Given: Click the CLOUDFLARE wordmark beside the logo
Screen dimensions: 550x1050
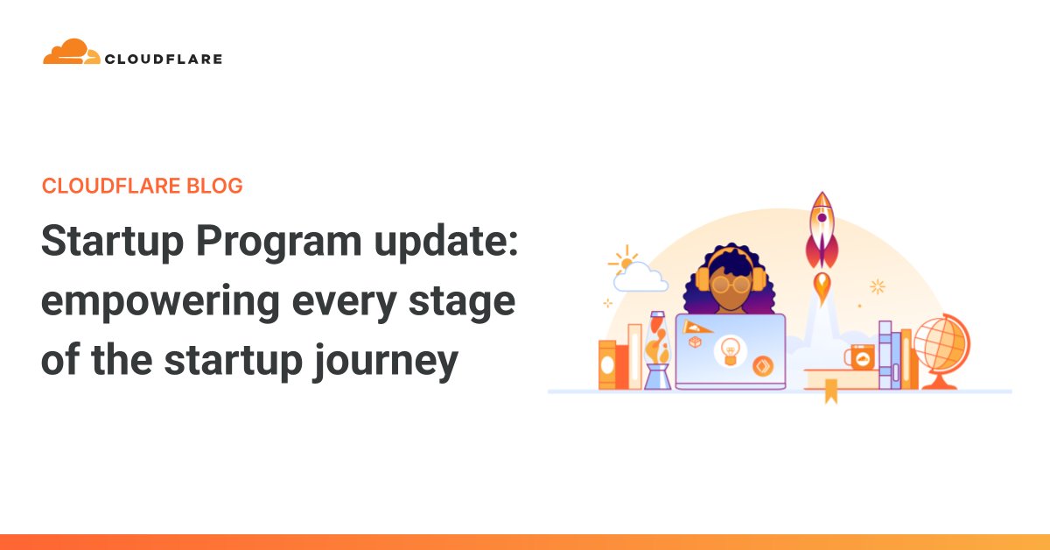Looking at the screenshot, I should pyautogui.click(x=164, y=60).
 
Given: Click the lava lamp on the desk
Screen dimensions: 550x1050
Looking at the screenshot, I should pyautogui.click(x=657, y=350).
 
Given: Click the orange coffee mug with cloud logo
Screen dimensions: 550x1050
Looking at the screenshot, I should pyautogui.click(x=859, y=356).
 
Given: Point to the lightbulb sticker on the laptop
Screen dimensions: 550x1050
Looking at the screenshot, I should pyautogui.click(x=728, y=351).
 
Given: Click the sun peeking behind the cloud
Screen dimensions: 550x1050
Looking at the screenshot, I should pyautogui.click(x=624, y=260).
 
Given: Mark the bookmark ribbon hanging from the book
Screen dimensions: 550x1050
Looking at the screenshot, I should pyautogui.click(x=830, y=395).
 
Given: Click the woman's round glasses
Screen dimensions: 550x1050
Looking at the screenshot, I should pyautogui.click(x=729, y=285).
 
